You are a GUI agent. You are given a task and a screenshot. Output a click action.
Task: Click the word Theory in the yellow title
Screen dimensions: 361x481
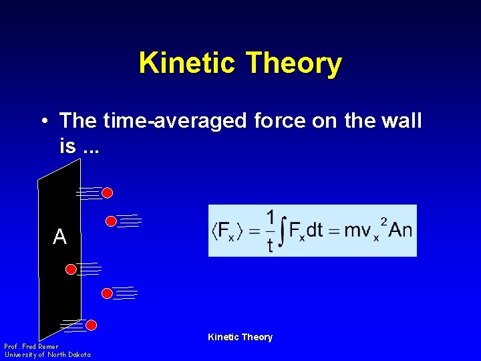click(x=294, y=64)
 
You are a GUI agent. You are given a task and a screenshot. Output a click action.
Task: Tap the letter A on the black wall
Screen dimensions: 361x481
click(x=59, y=237)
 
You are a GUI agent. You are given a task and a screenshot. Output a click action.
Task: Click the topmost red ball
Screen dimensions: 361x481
click(x=107, y=193)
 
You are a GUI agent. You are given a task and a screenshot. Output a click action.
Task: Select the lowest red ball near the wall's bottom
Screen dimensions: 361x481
click(x=92, y=325)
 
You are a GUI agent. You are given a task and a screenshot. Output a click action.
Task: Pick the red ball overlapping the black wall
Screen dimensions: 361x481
click(x=71, y=269)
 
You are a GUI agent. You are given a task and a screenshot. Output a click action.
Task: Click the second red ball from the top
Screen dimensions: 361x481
click(x=112, y=221)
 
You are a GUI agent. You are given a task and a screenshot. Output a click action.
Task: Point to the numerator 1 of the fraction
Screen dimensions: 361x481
click(x=270, y=218)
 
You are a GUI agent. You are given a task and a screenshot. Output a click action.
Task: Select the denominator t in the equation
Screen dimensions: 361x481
click(x=270, y=245)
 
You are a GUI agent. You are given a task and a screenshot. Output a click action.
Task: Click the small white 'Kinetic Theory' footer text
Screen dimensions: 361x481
click(x=240, y=337)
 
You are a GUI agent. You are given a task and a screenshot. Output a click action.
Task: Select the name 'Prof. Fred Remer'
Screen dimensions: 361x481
click(x=31, y=347)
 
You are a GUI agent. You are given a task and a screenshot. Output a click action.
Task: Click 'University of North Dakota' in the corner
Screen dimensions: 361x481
click(x=47, y=355)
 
